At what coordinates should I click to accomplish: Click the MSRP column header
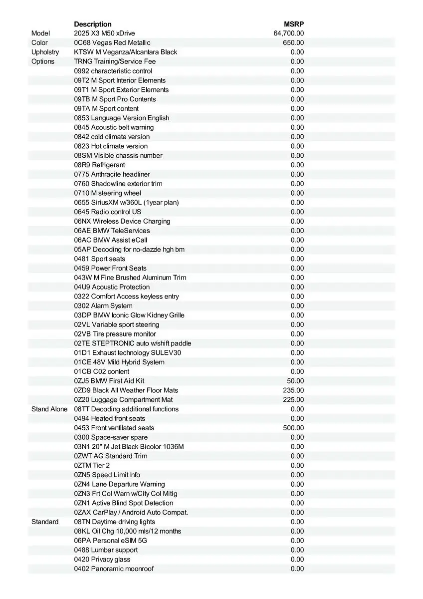click(x=294, y=24)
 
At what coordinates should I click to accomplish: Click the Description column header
click(x=93, y=24)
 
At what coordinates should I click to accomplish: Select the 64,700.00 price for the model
click(x=288, y=33)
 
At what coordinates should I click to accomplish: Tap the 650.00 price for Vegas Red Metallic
click(x=293, y=43)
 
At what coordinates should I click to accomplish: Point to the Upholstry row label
click(x=45, y=52)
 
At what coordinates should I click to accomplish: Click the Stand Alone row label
click(x=49, y=409)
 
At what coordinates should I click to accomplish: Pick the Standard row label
click(x=45, y=522)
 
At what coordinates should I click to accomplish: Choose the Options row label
click(x=43, y=62)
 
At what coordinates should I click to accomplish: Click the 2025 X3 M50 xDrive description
click(x=104, y=33)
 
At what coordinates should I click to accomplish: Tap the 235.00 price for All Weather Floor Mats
click(x=293, y=390)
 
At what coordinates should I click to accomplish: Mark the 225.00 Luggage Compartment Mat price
click(x=293, y=400)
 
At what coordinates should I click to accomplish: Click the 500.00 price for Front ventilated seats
click(x=293, y=428)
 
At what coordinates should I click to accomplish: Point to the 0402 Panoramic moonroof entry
click(x=114, y=569)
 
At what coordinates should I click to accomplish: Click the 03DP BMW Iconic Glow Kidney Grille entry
click(x=129, y=315)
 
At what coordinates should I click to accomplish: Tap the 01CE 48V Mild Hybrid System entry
click(x=119, y=362)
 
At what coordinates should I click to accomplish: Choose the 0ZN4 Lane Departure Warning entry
click(x=119, y=484)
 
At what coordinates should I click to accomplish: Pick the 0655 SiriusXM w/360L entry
click(x=126, y=203)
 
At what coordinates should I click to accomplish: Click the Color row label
click(x=40, y=43)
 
